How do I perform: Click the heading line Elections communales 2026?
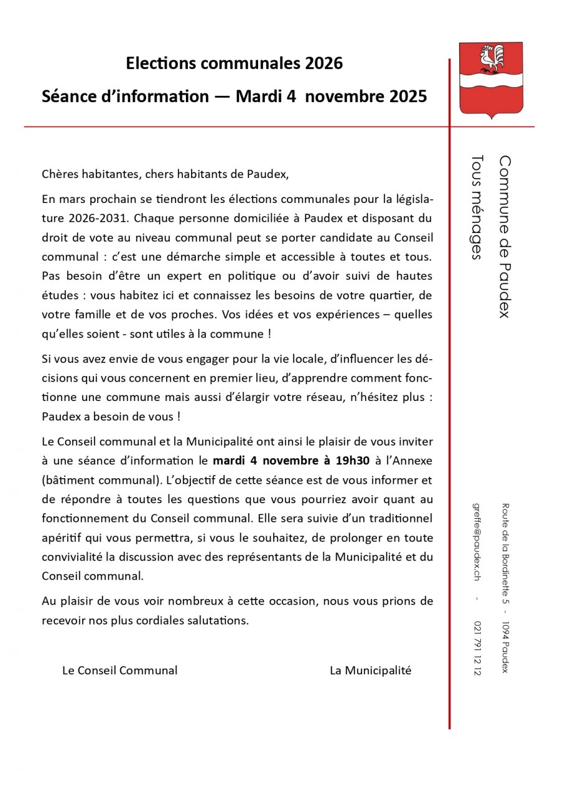pos(234,64)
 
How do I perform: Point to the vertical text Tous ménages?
pos(477,207)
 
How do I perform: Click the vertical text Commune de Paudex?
pos(505,237)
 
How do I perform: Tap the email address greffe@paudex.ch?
pos(477,542)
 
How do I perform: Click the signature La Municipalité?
pos(370,671)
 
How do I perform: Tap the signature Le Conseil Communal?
pos(119,671)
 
